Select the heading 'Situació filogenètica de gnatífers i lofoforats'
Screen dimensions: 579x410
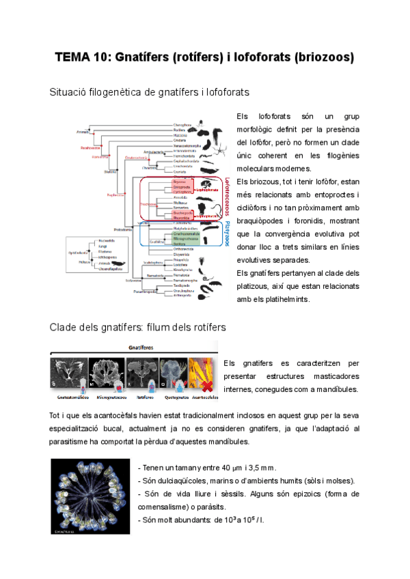tap(149, 91)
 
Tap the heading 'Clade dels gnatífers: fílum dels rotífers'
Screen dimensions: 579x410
tap(138, 327)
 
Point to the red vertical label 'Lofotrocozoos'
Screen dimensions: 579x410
tap(228, 197)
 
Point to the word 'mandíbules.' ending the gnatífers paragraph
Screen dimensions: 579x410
tap(336, 390)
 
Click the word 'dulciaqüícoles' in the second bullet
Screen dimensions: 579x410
tap(180, 481)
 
